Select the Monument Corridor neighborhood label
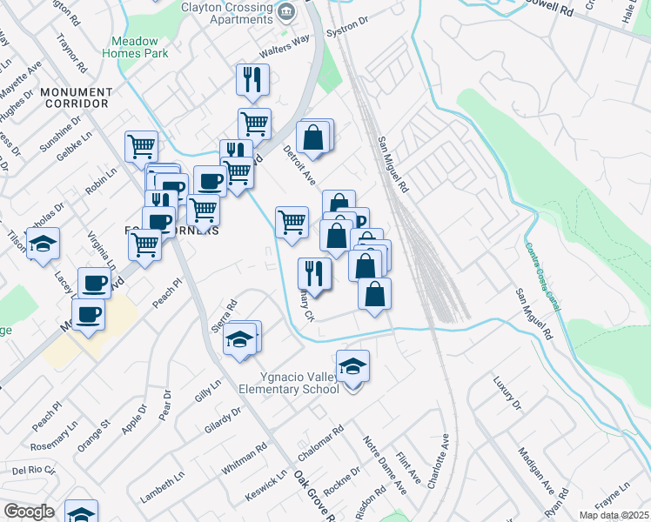[x=75, y=97]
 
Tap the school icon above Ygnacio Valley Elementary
[x=352, y=366]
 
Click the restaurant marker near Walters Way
[x=252, y=79]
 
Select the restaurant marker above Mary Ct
[x=314, y=273]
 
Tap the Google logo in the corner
[x=29, y=512]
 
